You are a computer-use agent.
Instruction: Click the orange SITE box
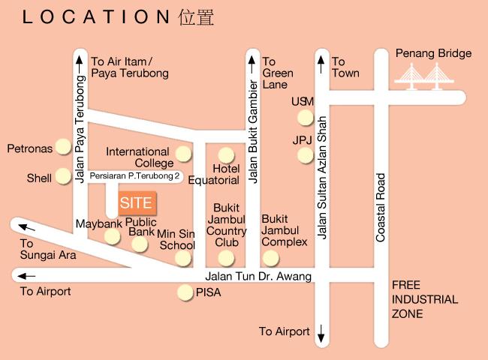point(137,202)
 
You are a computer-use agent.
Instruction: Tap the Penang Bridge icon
point(423,76)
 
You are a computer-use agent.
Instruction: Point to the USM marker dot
point(304,117)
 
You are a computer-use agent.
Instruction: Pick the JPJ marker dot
point(304,155)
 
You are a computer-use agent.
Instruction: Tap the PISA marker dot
point(184,292)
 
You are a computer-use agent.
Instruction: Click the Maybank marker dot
point(112,237)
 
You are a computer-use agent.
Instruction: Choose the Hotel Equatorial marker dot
point(226,155)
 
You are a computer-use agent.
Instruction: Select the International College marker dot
point(183,155)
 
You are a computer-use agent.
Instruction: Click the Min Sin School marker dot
point(183,259)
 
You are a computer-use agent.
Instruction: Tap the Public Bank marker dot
point(140,244)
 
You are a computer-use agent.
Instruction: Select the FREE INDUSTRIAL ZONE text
point(424,299)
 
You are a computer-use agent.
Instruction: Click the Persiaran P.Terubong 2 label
point(135,176)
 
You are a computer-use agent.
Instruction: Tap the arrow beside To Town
point(321,61)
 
